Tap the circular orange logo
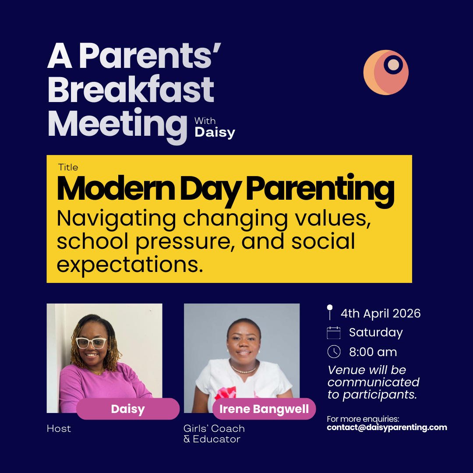point(386,72)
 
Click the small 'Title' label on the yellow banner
point(68,167)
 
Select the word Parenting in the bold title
point(319,189)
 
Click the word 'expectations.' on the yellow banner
point(130,264)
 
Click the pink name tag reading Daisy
point(128,409)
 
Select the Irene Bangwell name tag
point(264,409)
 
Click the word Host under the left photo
point(59,429)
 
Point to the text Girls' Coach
point(214,429)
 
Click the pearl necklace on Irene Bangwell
point(244,371)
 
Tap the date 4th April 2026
point(381,314)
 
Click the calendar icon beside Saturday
point(334,333)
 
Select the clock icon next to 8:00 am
point(334,352)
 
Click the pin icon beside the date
point(330,312)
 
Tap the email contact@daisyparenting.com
point(387,427)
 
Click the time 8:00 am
point(373,352)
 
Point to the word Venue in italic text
point(345,370)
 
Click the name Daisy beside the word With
point(215,132)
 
